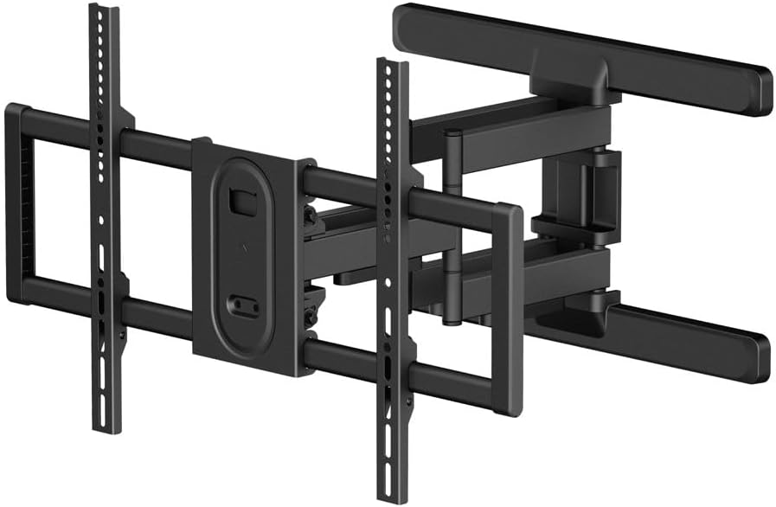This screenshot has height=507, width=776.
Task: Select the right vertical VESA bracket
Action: pos(392,286)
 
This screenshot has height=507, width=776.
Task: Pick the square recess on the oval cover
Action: pos(238,200)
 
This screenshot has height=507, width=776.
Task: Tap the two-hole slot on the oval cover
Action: pos(242,305)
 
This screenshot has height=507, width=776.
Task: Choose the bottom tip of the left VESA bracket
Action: pos(106,426)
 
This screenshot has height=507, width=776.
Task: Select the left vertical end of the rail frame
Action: pos(17,203)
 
